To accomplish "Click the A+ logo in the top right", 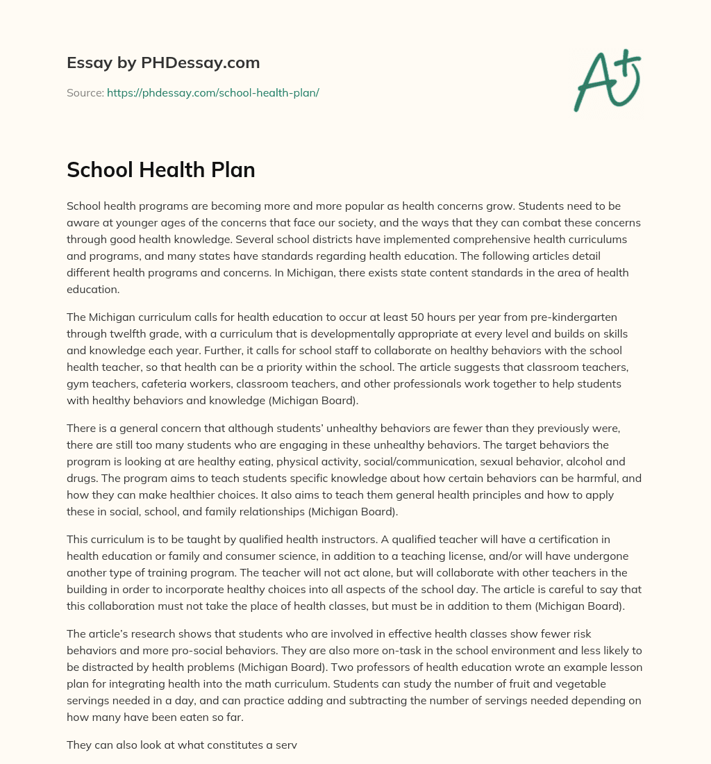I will [x=607, y=80].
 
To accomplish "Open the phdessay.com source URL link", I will [x=212, y=92].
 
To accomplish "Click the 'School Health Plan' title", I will [x=161, y=170].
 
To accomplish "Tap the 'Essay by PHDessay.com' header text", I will [x=163, y=63].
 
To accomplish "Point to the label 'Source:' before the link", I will [x=85, y=92].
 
